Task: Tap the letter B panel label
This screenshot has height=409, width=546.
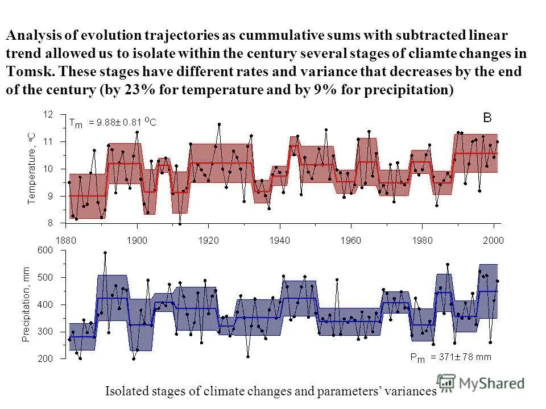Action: tap(487, 118)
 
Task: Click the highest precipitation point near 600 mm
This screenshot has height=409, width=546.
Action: tap(105, 253)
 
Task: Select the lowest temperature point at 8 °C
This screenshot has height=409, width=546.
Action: tap(180, 224)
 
